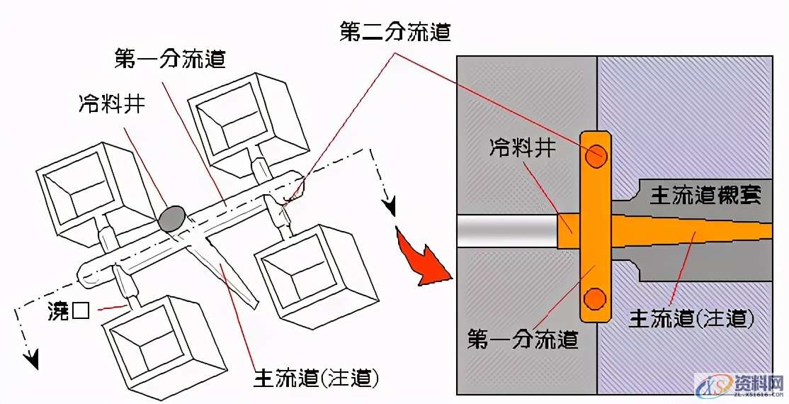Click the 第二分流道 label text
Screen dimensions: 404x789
pos(395,32)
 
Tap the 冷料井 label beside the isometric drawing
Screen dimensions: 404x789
pos(111,104)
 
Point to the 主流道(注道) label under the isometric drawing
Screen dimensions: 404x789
pos(316,378)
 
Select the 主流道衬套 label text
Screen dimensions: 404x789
pos(706,196)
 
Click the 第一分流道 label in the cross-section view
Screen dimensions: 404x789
pos(523,339)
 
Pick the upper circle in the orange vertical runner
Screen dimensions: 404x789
pos(595,156)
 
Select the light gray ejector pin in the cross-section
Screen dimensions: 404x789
pos(506,231)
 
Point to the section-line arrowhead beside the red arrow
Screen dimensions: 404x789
pos(388,206)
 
